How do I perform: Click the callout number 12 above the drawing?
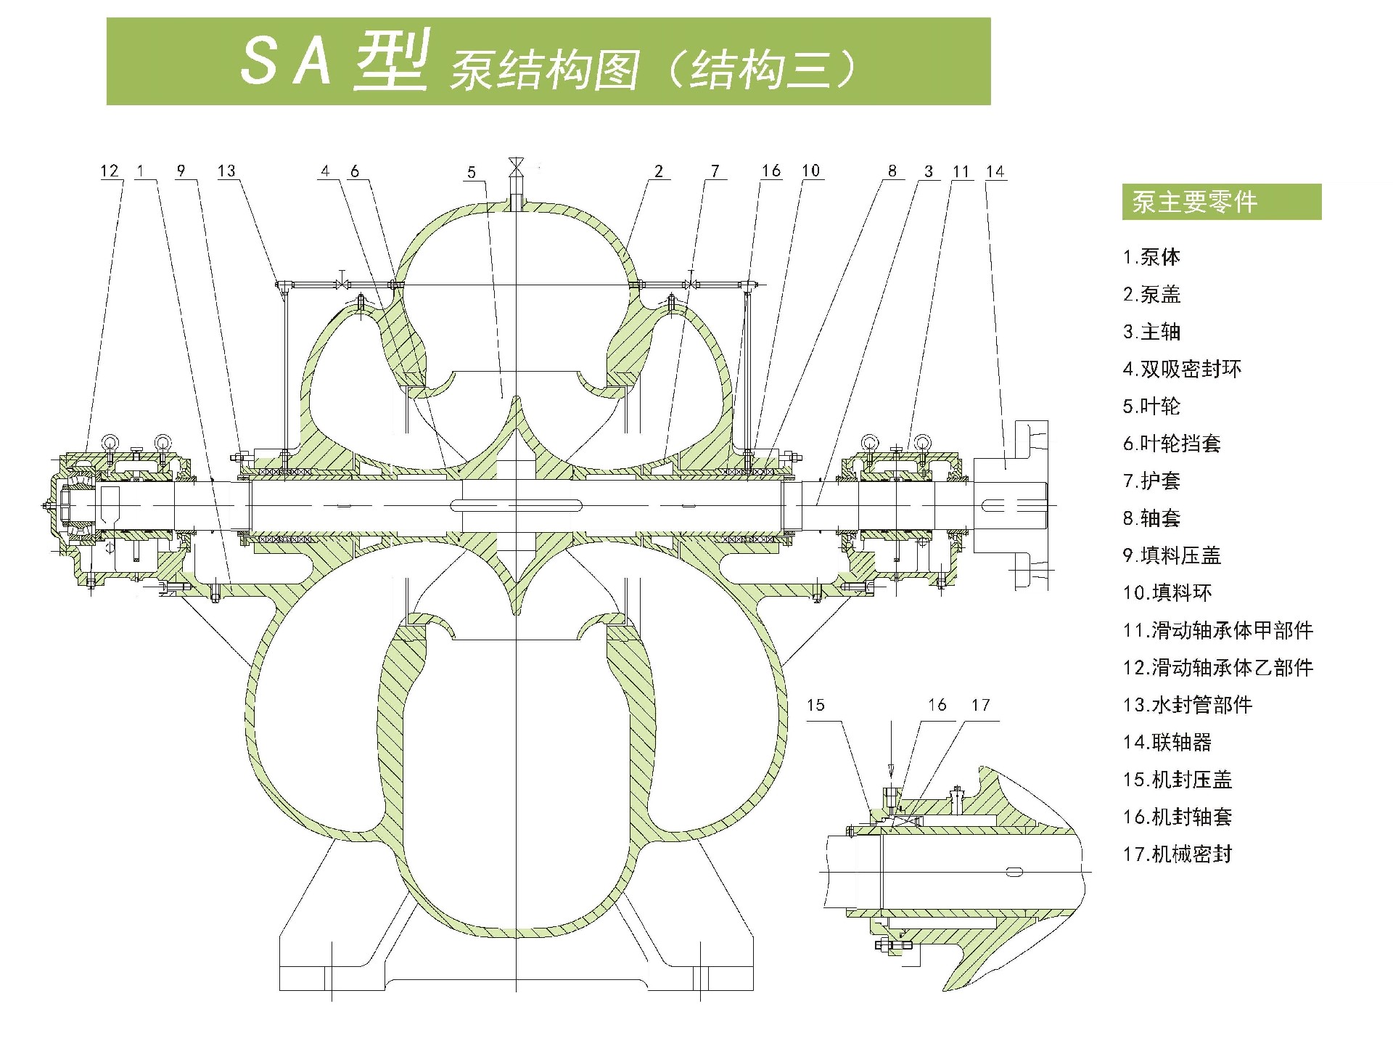click(x=110, y=171)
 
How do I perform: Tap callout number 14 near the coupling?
click(x=995, y=171)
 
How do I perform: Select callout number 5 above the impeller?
click(x=472, y=172)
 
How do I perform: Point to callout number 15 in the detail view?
click(x=815, y=705)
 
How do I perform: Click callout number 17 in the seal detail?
click(x=980, y=705)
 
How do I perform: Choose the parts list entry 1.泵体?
click(x=1151, y=257)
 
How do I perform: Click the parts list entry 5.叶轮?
click(x=1151, y=406)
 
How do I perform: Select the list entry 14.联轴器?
click(x=1167, y=742)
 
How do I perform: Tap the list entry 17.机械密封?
click(x=1178, y=854)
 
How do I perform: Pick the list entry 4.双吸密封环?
click(x=1182, y=369)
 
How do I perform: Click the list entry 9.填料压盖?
click(x=1172, y=555)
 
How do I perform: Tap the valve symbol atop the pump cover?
click(x=516, y=167)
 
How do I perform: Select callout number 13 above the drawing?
click(x=226, y=171)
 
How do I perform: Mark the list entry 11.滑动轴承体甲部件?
click(x=1218, y=630)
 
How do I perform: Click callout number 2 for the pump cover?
click(x=658, y=171)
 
